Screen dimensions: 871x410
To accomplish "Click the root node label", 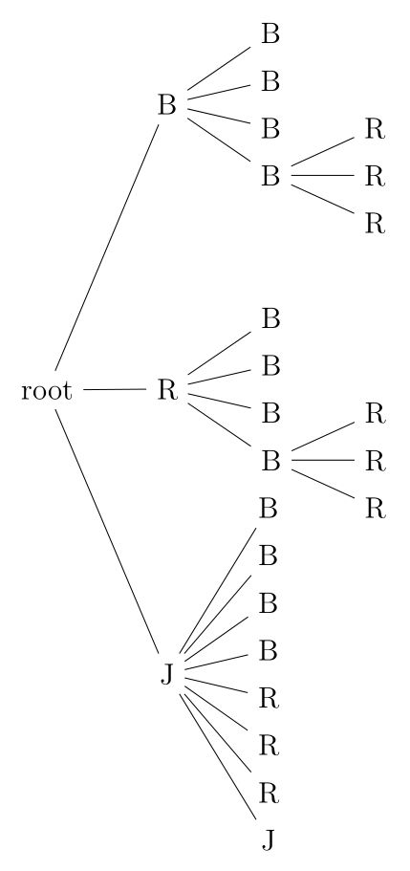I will [x=46, y=390].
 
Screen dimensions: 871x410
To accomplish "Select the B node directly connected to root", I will [x=167, y=105].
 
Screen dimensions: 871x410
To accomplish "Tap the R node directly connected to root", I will [x=167, y=390].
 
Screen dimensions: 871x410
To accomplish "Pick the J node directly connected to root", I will [x=167, y=675].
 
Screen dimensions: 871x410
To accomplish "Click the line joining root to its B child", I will [x=107, y=246].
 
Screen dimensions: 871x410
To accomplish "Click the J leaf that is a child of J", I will [x=270, y=840].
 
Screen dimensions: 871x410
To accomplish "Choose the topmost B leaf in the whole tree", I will [x=270, y=34].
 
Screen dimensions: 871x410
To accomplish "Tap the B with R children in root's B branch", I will [x=270, y=176].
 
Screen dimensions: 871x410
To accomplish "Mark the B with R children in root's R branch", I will [x=270, y=461].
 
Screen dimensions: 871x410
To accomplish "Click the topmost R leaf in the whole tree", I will [x=375, y=129].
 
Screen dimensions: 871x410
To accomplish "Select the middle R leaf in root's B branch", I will [x=375, y=176].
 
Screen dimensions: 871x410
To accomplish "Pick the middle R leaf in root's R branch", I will [x=375, y=461].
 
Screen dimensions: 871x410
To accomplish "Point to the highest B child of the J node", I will [x=270, y=509].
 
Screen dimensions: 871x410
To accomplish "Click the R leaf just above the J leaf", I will [x=270, y=793].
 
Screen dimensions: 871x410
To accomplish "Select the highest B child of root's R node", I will [x=270, y=318].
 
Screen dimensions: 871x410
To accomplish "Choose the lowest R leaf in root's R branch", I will [x=375, y=508].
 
